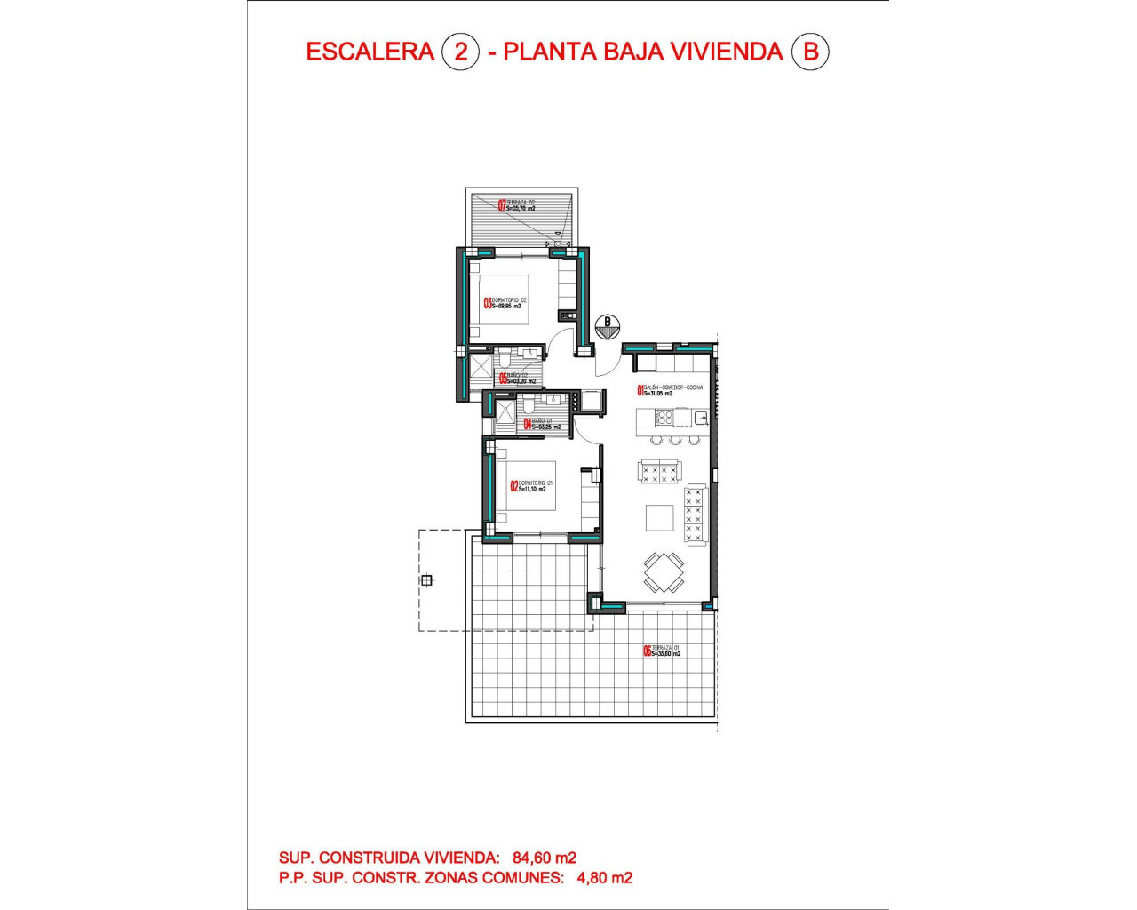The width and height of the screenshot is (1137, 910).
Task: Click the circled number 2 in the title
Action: (460, 52)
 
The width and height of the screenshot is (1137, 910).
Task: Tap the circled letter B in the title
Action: (809, 52)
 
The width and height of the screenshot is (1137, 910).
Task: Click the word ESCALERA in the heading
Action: (370, 52)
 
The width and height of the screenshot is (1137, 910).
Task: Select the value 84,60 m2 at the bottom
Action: (545, 858)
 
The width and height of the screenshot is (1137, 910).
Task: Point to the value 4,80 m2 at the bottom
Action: (605, 878)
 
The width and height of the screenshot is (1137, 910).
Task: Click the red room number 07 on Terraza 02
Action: (502, 205)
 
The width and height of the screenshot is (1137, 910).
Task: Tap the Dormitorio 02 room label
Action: (506, 303)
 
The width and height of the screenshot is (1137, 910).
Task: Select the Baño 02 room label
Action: (517, 379)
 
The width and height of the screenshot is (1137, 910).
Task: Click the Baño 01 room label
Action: (542, 424)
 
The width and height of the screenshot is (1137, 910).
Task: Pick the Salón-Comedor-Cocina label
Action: (671, 389)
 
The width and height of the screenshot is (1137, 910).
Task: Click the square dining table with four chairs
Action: (664, 572)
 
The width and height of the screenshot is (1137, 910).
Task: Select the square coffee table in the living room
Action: (659, 517)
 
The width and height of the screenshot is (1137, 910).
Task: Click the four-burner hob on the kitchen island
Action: (664, 417)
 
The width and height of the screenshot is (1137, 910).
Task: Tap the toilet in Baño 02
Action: (504, 360)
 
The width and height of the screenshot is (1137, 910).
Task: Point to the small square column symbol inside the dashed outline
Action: (426, 580)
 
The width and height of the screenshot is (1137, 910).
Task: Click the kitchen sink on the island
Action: (701, 417)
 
